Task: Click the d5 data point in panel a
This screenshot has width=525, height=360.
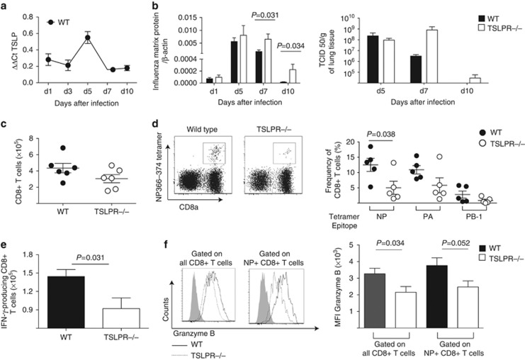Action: pyautogui.click(x=87, y=38)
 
